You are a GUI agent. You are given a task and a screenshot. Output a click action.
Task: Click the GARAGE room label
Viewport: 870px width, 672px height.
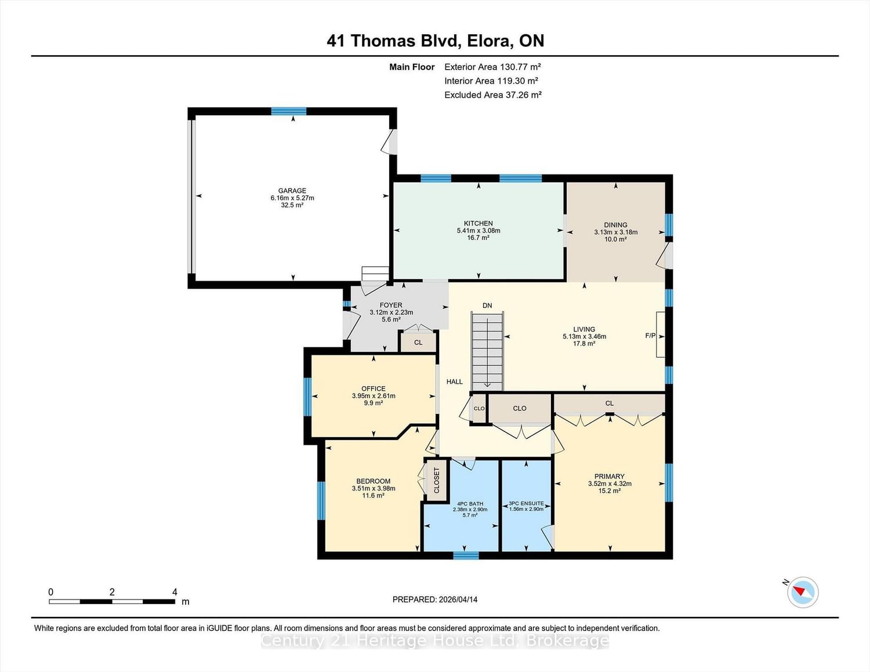coord(292,191)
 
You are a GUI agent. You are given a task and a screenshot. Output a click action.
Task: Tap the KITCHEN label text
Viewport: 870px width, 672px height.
coord(478,223)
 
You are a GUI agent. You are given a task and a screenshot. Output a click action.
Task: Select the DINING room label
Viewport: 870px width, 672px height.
coord(616,225)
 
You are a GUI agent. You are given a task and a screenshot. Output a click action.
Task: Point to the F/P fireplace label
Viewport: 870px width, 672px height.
coord(650,335)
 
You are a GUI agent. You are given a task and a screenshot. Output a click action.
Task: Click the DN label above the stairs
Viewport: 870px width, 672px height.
coord(487,306)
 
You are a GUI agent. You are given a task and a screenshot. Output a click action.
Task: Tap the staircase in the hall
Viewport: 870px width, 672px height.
coord(487,351)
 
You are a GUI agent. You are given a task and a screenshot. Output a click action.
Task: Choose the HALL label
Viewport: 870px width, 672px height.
coord(454,382)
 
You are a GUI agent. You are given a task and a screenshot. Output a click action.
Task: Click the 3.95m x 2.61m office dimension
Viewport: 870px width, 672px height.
coord(374,396)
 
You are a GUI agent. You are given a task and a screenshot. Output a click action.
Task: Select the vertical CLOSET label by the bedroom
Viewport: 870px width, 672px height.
coord(436,480)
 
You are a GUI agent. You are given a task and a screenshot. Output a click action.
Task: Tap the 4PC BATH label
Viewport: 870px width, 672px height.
coord(470,504)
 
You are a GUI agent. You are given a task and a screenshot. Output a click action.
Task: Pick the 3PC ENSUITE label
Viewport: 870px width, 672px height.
coord(526,503)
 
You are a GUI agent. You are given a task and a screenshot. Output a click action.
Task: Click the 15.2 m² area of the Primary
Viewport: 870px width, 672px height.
coord(610,491)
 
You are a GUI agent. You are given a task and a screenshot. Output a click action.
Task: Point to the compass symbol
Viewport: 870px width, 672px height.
coord(802,593)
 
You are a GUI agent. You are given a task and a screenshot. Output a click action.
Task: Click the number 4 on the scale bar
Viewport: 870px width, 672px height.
coord(175,592)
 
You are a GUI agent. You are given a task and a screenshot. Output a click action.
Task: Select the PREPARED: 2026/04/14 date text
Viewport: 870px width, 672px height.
coord(435,600)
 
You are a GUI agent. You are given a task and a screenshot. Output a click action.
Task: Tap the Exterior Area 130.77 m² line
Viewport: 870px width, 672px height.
coord(492,67)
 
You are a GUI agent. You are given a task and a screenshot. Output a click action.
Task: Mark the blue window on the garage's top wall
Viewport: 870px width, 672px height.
coord(289,111)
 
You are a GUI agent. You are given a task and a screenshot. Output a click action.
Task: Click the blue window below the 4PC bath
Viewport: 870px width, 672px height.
coord(466,555)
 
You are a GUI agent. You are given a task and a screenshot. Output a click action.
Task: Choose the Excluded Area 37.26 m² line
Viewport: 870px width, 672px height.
coord(493,95)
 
